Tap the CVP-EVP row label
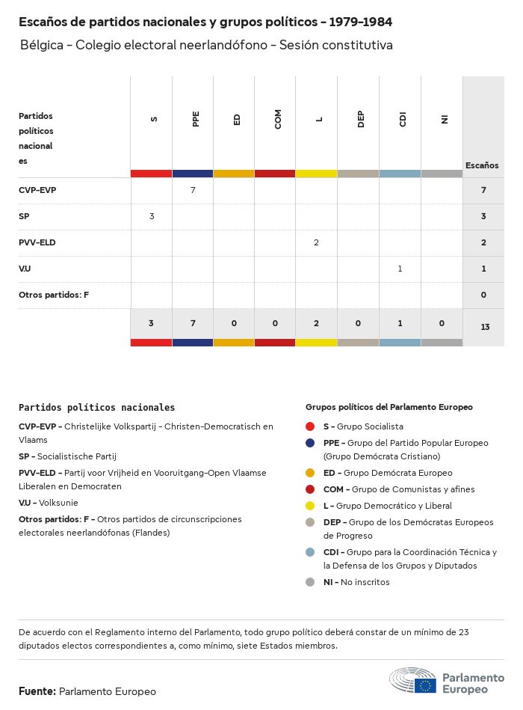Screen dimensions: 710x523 point(37,190)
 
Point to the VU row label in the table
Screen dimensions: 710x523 point(25,269)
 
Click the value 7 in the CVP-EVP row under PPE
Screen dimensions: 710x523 point(193,190)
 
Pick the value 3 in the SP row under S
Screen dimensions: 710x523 point(152,216)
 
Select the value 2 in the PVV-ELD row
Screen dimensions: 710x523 point(317,242)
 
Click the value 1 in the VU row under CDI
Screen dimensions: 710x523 point(400,269)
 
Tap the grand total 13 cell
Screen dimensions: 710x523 point(484,327)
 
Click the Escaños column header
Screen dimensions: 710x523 point(482,165)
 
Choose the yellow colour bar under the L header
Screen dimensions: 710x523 point(317,174)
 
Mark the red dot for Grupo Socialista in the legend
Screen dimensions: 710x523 point(310,426)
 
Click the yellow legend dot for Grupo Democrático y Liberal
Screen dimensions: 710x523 point(310,506)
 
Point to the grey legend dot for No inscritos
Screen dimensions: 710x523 point(310,582)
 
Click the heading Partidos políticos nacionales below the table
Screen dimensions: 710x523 point(96,408)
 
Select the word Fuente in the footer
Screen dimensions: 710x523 point(37,691)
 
